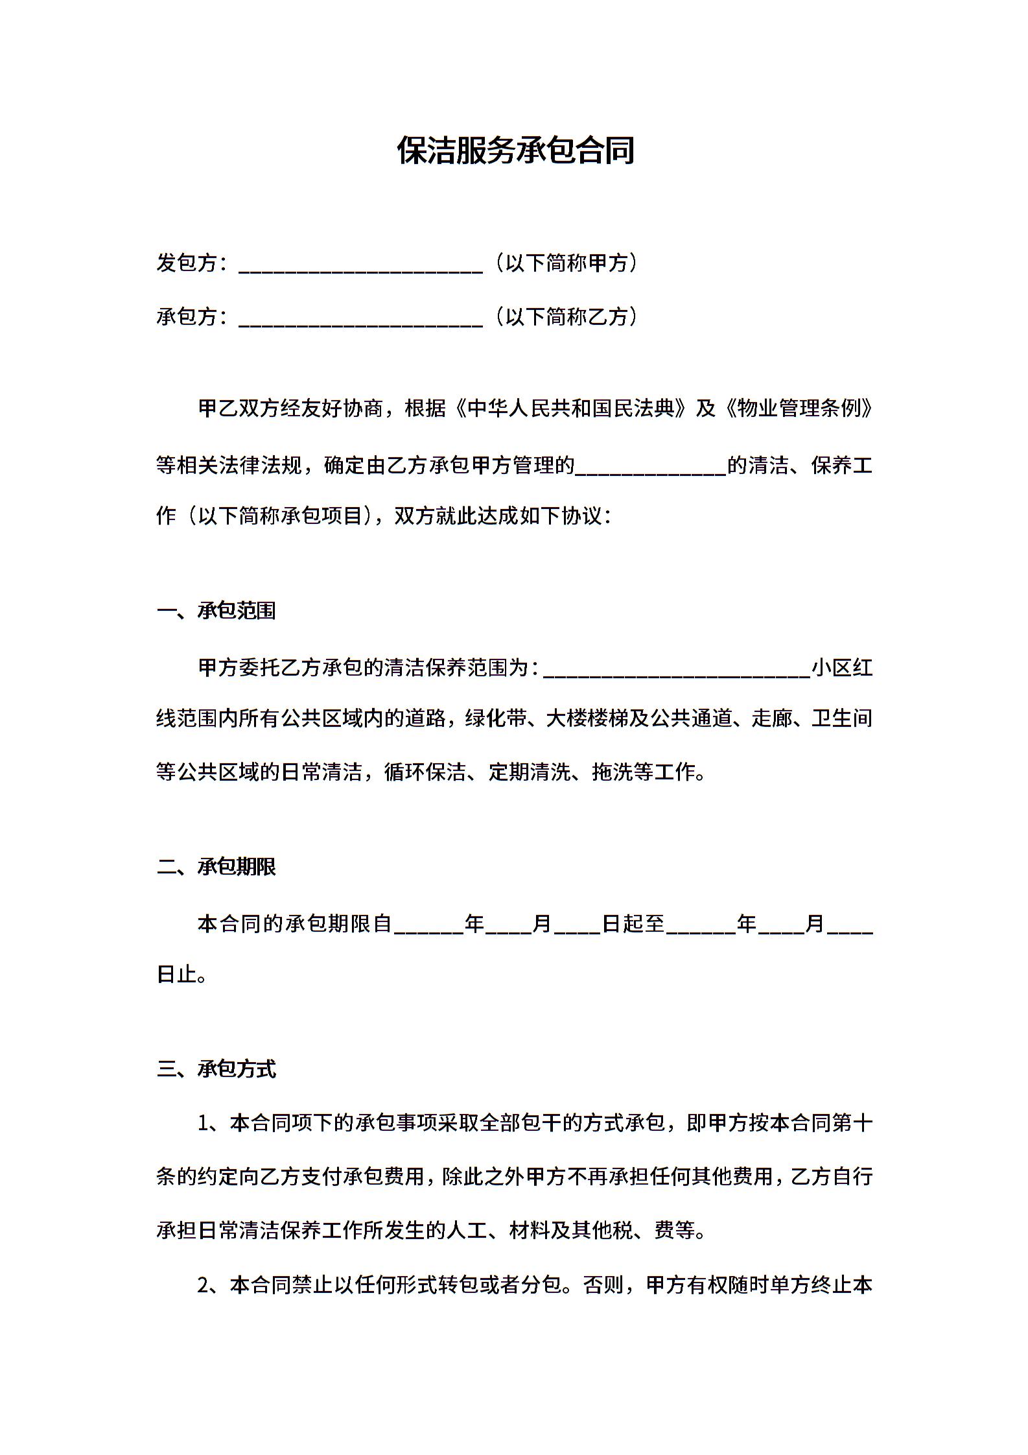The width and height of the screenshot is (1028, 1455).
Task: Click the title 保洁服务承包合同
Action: pyautogui.click(x=515, y=151)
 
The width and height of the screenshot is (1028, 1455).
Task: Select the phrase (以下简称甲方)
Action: pyautogui.click(x=565, y=263)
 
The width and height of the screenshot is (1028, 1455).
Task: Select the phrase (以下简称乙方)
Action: pyautogui.click(x=565, y=317)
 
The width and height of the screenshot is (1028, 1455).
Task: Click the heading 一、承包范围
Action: pyautogui.click(x=216, y=611)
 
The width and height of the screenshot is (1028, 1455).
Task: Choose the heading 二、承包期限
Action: pyautogui.click(x=216, y=867)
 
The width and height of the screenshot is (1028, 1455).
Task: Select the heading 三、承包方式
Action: pyautogui.click(x=216, y=1069)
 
